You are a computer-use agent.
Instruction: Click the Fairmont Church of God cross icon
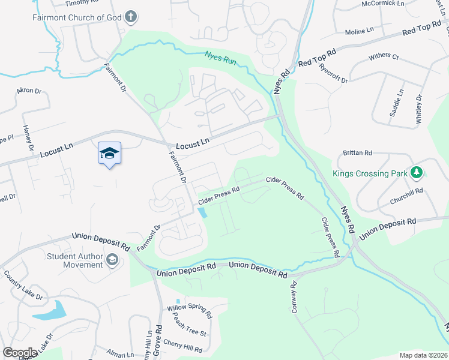[131, 17]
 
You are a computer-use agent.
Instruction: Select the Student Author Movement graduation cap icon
[112, 259]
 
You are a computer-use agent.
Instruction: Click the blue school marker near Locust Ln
[109, 154]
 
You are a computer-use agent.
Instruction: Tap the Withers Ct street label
[384, 56]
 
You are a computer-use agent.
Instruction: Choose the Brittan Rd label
[358, 152]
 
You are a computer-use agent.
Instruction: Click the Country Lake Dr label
[23, 284]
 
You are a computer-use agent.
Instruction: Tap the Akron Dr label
[29, 91]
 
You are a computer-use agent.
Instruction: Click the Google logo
[20, 353]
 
